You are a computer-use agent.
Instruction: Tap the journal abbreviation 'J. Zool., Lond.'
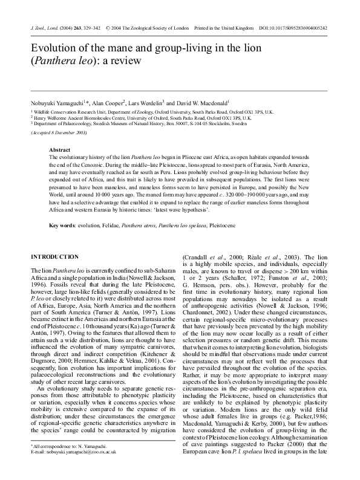(45, 28)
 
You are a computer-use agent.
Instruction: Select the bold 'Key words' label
(62, 224)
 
